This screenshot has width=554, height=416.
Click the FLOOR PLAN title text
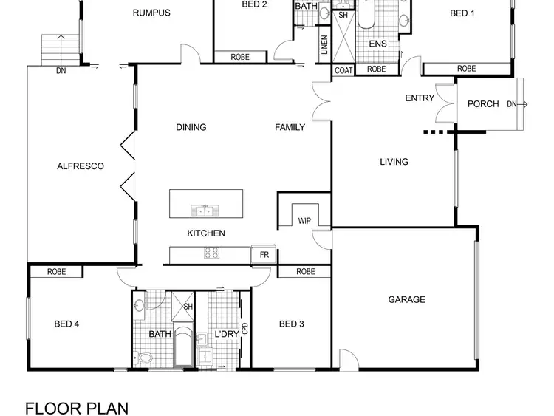tap(77, 408)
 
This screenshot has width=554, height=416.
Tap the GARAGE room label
tap(407, 299)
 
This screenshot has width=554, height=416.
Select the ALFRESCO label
tap(81, 166)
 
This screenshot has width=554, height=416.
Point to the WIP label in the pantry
tap(304, 221)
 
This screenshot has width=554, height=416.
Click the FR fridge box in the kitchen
tap(264, 255)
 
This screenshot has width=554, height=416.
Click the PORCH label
tap(484, 104)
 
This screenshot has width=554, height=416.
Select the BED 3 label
tap(291, 324)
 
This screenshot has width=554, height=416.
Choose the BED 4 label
tap(66, 324)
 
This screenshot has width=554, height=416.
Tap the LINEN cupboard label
tap(324, 46)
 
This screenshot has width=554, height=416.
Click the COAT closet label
tap(343, 70)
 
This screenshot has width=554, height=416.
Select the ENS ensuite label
tap(378, 44)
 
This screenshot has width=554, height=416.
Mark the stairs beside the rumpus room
tap(59, 50)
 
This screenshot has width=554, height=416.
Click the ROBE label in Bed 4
tap(57, 272)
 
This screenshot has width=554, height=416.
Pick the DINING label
tap(191, 127)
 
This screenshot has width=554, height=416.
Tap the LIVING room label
tap(394, 162)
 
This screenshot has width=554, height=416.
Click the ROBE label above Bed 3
tap(305, 272)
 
